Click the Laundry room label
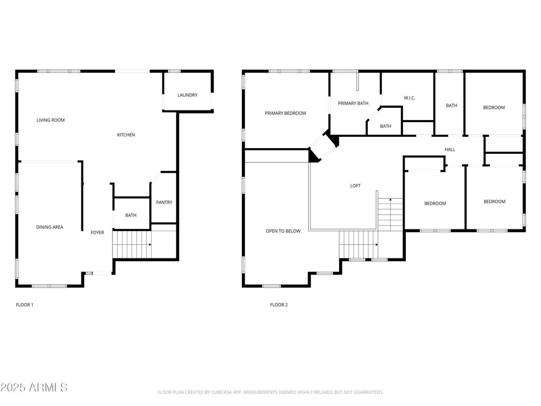(188, 95)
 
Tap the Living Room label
(51, 120)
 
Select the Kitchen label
(126, 135)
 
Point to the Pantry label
(164, 202)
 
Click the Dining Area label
(50, 227)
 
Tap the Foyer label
(97, 233)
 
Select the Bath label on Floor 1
(131, 216)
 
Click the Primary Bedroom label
(285, 113)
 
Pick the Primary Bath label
(353, 103)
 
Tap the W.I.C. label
(409, 98)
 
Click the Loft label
(356, 186)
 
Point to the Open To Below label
(283, 232)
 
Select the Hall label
(450, 150)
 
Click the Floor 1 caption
(24, 305)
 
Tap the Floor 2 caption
(279, 305)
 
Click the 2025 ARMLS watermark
(34, 387)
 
